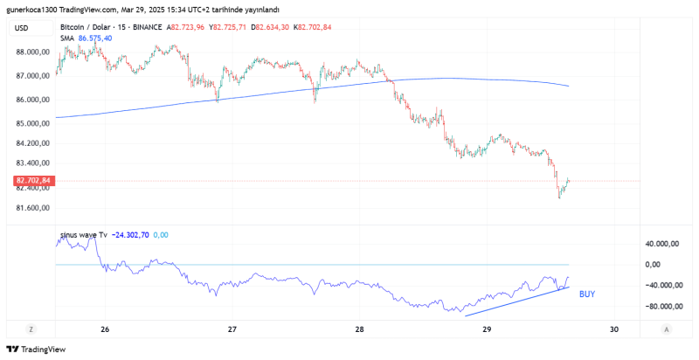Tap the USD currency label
22,28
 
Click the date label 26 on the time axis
105,329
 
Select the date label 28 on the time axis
360,329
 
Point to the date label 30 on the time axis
614,329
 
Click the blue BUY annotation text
587,294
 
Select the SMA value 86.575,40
95,38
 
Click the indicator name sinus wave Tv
83,235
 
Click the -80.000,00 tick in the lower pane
661,307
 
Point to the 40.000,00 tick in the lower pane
663,244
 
